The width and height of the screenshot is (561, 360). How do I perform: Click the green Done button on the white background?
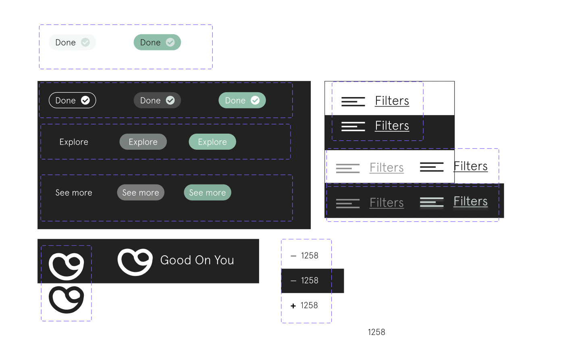pos(157,42)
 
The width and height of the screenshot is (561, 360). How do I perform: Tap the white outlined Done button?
pos(72,100)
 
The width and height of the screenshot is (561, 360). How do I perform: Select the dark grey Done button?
pos(157,100)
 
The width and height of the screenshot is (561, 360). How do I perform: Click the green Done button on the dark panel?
pos(242,100)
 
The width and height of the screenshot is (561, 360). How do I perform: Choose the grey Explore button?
pos(143,142)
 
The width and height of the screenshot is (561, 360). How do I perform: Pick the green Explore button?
pos(212,142)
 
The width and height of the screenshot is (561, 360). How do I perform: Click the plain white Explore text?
pos(74,142)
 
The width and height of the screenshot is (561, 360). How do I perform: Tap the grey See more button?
pos(141,192)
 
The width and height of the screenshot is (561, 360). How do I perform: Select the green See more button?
pos(208,192)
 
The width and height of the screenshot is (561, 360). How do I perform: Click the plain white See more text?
pos(74,192)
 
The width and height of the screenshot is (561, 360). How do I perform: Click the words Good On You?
pos(197,260)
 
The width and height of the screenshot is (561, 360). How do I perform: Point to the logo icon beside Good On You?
pos(135,262)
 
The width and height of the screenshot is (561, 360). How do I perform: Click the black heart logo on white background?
pos(66,300)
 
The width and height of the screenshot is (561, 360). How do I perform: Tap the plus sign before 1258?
pos(293,306)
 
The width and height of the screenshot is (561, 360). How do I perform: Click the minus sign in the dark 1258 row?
pos(293,281)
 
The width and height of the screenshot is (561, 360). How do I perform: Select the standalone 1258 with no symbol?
pos(376,332)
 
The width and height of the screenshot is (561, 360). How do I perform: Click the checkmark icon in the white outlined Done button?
pos(85,100)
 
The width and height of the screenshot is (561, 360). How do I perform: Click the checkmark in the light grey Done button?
pos(85,42)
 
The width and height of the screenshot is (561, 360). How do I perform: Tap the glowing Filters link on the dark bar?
pos(470,201)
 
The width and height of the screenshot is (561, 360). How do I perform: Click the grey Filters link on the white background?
pos(386,168)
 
